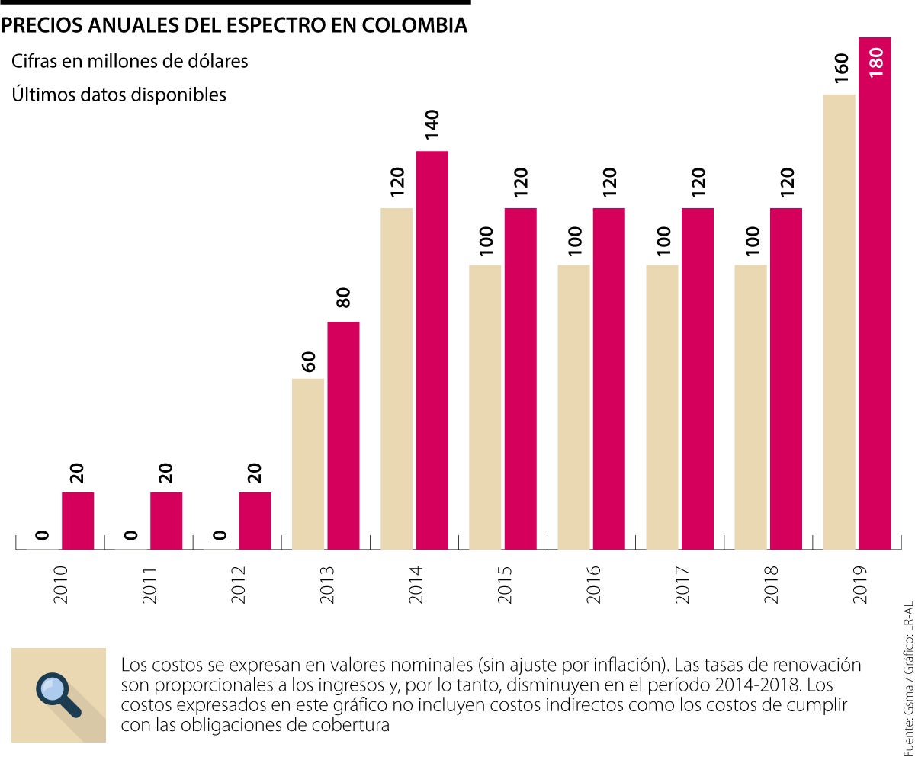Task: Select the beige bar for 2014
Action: pos(396,378)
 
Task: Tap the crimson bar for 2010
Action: pos(78,521)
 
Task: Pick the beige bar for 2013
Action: pos(308,464)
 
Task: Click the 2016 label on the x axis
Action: pos(594,584)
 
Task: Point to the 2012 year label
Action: pos(239,584)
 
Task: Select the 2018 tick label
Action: pos(771,584)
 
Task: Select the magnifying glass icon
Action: pos(59,694)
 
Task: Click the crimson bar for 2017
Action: pos(698,378)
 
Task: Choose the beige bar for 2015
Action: pos(485,406)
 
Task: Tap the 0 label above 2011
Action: pos(131,535)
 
